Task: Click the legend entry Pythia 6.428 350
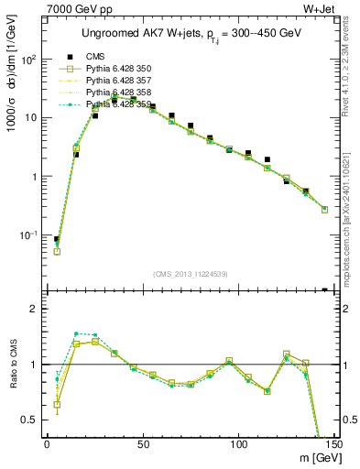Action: tap(119, 69)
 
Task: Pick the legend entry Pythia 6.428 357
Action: tap(119, 81)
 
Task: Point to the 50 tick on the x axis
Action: tap(142, 445)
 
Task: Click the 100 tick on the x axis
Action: tap(238, 445)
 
